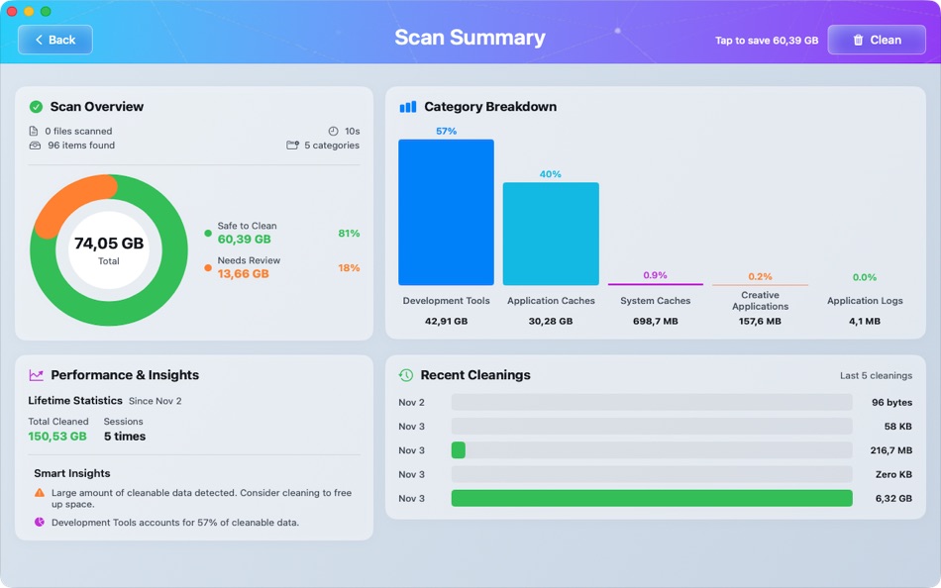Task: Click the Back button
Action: coord(55,40)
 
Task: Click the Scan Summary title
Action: coord(470,38)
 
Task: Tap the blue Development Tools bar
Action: coord(446,212)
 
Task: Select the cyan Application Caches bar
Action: coord(551,234)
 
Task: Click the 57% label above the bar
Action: coord(446,131)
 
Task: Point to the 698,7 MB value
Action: coord(655,321)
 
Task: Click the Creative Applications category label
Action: coord(760,301)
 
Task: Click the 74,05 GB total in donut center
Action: coord(109,244)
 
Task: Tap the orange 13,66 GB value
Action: coord(243,274)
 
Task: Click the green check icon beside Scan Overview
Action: coord(37,107)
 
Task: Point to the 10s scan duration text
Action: coord(352,131)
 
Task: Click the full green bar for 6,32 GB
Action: coord(651,498)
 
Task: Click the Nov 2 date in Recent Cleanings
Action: coord(411,403)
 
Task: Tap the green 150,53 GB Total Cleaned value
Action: coord(57,437)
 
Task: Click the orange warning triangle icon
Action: coord(40,492)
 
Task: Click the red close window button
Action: coord(12,11)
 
